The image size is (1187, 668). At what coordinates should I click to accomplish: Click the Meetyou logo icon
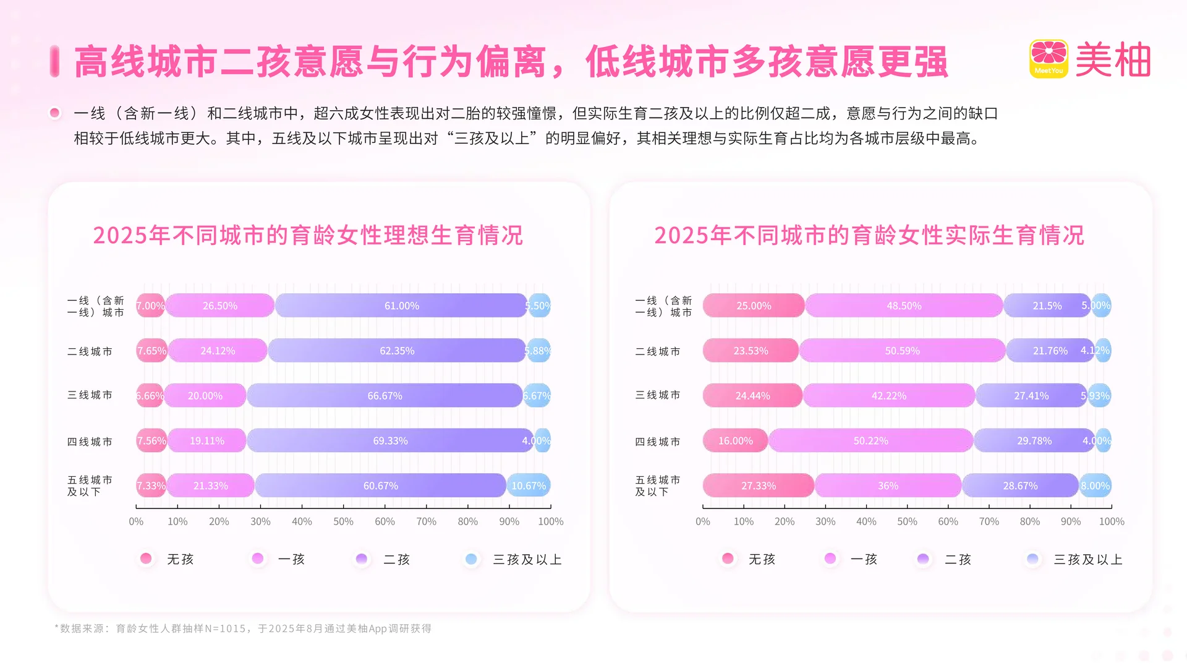point(1049,59)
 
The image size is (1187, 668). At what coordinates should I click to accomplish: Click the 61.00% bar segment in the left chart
point(401,306)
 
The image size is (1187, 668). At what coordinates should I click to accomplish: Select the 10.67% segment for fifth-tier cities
point(529,486)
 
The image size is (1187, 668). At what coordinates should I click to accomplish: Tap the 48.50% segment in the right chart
point(904,306)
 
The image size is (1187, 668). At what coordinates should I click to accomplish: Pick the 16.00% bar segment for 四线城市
point(735,441)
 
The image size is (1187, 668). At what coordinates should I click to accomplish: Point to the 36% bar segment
point(888,486)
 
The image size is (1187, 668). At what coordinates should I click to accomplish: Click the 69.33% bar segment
point(390,441)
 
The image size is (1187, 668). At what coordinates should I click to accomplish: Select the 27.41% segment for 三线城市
point(1031,396)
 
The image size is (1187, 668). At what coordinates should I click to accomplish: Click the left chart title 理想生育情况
point(308,235)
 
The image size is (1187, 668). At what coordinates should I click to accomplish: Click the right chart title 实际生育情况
point(869,235)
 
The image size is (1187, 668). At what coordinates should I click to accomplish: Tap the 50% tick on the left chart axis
point(343,521)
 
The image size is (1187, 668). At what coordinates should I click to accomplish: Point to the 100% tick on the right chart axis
point(1111,521)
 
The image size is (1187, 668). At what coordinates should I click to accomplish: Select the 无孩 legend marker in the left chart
point(146,559)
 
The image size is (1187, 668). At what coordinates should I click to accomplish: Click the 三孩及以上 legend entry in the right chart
point(1087,559)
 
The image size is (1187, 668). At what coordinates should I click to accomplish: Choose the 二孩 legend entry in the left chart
point(396,559)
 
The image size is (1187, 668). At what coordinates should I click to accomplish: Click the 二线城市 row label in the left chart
point(90,351)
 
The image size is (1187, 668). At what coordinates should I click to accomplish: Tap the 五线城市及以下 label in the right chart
point(657,486)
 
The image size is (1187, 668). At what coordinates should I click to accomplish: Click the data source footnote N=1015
point(243,628)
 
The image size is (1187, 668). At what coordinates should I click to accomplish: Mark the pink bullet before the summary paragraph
point(55,113)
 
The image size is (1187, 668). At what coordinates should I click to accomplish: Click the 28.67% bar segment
point(1020,486)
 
